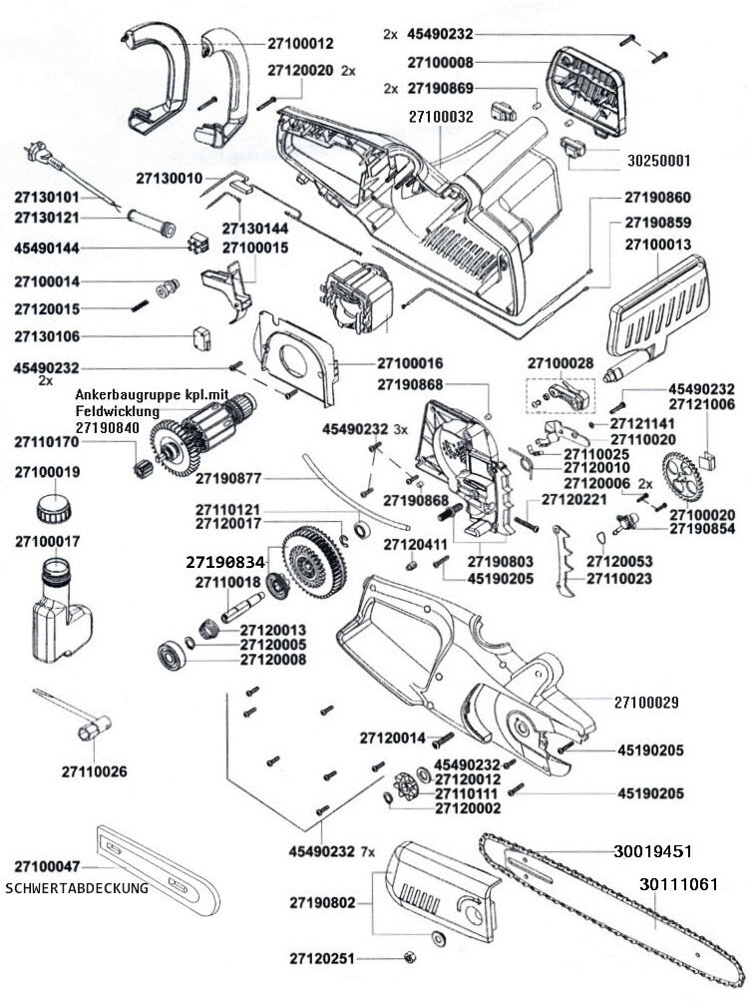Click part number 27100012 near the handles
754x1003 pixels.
click(x=300, y=44)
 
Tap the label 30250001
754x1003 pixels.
click(x=658, y=160)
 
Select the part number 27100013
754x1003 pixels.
click(x=657, y=245)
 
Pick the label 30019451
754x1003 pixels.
click(x=652, y=851)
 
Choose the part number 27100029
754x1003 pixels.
click(x=646, y=703)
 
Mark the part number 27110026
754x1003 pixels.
click(x=94, y=771)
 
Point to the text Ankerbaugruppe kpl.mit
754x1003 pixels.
click(x=152, y=395)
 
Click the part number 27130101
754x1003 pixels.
click(x=46, y=197)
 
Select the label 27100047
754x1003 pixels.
click(x=47, y=865)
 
